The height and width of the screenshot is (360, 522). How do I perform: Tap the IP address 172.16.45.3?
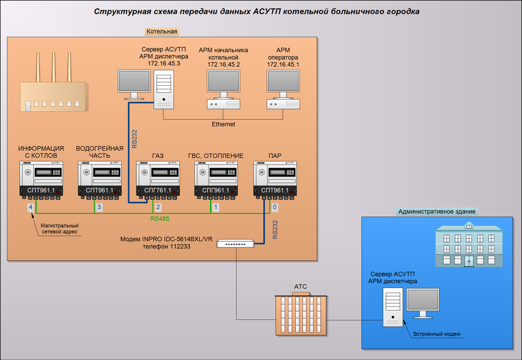coord(164,63)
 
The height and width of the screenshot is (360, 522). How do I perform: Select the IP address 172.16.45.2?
coord(223,64)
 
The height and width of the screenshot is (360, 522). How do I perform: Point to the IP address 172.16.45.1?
coord(283,64)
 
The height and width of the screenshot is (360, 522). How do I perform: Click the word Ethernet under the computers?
coord(223,124)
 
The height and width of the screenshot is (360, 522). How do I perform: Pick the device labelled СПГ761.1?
coord(158,180)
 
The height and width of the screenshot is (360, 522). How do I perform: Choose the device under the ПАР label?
coord(275,180)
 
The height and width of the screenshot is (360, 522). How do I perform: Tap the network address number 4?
coord(31,207)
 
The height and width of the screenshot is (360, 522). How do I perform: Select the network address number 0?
coord(275,207)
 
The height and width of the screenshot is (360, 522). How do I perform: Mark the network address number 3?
coord(99,207)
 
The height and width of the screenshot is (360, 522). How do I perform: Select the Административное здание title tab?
coord(436,212)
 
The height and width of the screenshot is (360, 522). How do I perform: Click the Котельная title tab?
coord(162,32)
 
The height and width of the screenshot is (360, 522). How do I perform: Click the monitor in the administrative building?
coord(423,304)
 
